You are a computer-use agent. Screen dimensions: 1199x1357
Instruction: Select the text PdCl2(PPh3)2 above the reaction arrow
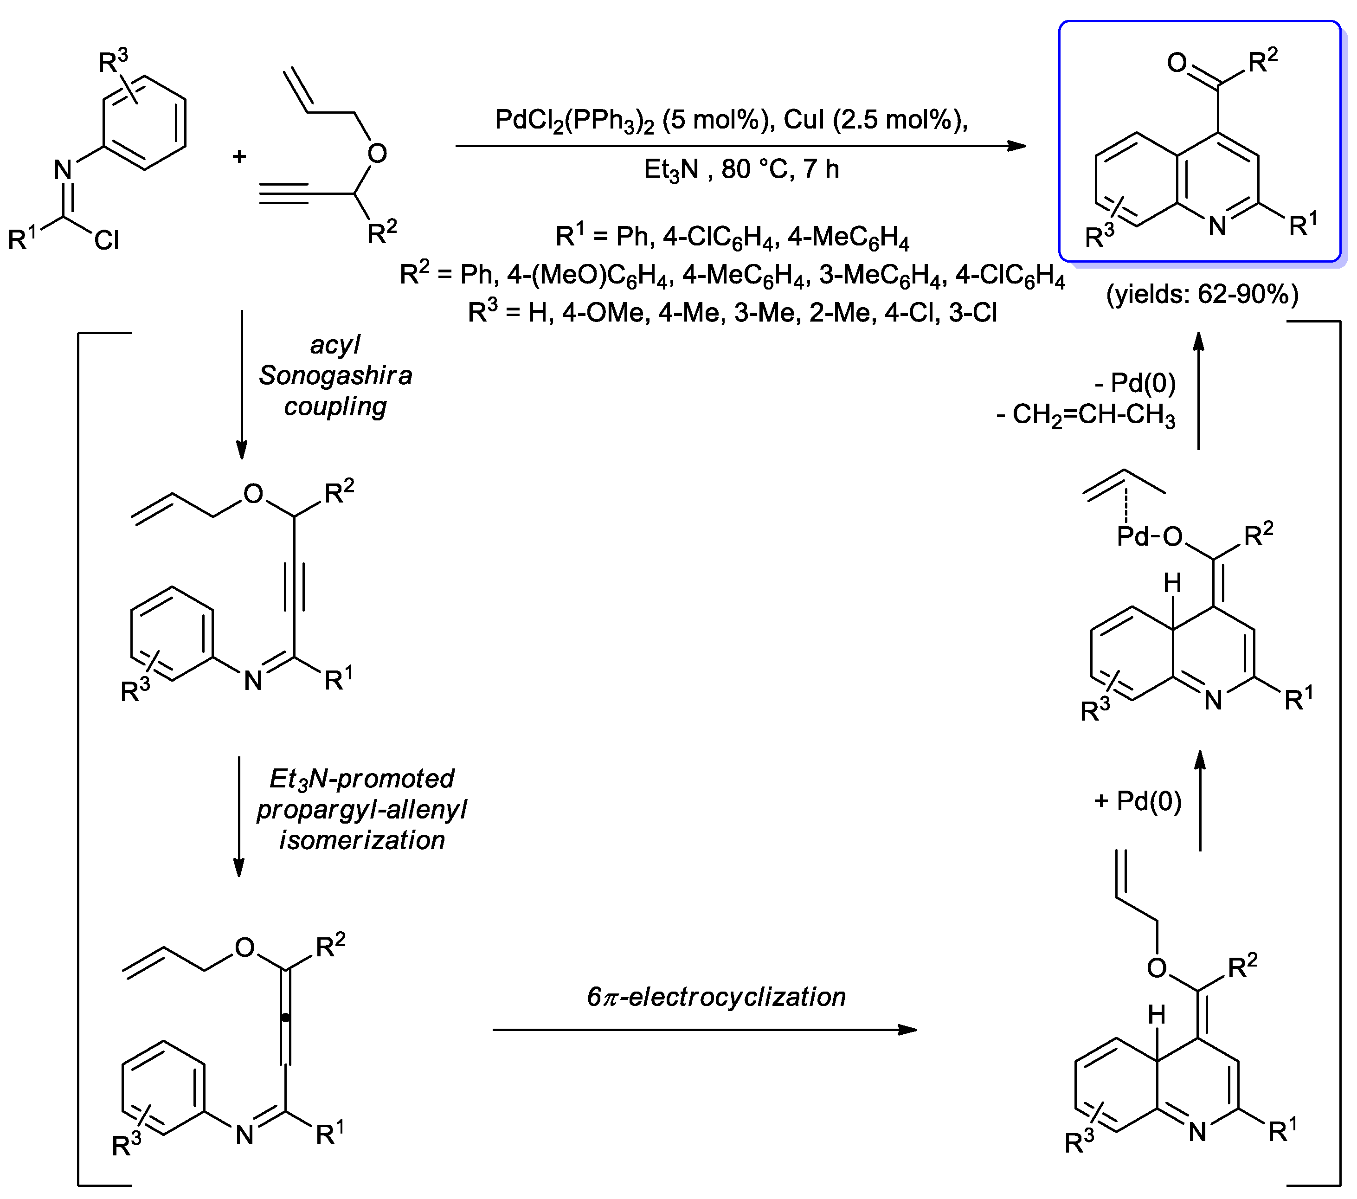[574, 121]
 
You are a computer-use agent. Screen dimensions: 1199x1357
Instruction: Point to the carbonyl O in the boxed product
[1177, 63]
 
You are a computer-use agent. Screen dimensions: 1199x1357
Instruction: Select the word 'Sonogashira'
[335, 376]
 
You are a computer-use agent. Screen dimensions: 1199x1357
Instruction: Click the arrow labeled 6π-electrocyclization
[704, 1030]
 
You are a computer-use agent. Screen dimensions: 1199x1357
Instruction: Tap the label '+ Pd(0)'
[1137, 801]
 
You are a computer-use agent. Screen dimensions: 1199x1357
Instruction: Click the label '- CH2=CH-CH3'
[1086, 416]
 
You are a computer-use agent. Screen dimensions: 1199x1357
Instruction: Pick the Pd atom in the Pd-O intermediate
[1132, 536]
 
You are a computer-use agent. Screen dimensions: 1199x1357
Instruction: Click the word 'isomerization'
[362, 840]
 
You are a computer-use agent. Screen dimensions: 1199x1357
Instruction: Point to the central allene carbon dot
[285, 1017]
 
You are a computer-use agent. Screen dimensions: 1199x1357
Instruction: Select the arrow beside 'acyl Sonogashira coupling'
[242, 385]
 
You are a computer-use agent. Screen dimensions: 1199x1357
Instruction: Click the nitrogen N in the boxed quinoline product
[1217, 226]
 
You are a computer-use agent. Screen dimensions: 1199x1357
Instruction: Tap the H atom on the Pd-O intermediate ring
[1172, 583]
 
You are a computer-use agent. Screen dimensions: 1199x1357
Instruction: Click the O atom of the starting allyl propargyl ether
[377, 154]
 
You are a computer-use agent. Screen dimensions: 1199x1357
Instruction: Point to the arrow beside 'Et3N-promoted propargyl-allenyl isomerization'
[239, 817]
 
